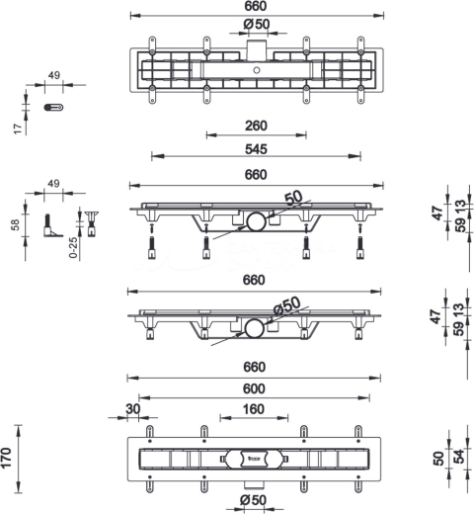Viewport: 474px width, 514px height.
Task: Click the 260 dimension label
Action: point(256,126)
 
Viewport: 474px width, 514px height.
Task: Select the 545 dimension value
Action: point(256,149)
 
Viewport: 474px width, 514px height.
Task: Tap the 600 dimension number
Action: point(254,388)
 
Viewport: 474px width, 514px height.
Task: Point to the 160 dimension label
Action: point(254,409)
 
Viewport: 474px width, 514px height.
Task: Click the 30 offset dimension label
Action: point(133,409)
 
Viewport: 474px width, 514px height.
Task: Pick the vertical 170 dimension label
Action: point(7,458)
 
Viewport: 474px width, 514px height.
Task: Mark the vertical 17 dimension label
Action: point(19,128)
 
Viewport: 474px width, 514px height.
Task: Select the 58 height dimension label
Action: point(16,224)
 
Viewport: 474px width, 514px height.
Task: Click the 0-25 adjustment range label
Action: point(73,247)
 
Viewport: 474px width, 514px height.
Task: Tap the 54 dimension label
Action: point(459,457)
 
